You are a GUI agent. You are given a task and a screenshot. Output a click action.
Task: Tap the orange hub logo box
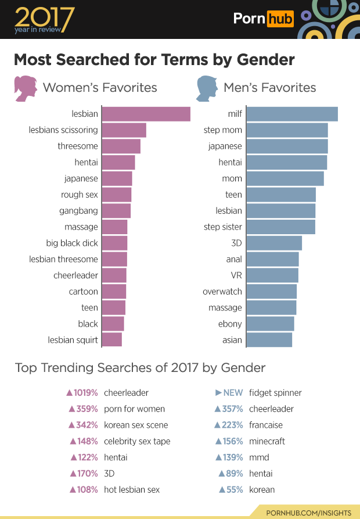point(280,19)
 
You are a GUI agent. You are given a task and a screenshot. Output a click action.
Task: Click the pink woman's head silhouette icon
point(26,88)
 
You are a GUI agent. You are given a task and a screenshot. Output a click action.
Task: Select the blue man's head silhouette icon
point(206,88)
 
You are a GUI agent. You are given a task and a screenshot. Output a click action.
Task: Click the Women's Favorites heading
point(100,88)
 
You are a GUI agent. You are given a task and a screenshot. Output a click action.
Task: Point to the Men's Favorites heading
point(269,88)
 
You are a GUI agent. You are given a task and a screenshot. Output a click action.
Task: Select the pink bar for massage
point(114,227)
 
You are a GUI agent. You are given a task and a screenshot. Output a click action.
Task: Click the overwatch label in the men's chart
point(222,292)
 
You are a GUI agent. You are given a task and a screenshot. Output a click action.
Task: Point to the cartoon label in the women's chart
point(84,292)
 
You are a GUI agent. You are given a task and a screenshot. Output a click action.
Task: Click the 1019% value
point(82,393)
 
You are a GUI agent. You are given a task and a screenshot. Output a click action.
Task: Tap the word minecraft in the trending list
point(267,441)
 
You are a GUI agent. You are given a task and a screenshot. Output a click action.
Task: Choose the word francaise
point(266,425)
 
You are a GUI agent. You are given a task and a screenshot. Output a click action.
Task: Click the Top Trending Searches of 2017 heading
point(140,367)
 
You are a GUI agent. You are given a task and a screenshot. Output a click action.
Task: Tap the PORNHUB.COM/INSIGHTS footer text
point(308,513)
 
